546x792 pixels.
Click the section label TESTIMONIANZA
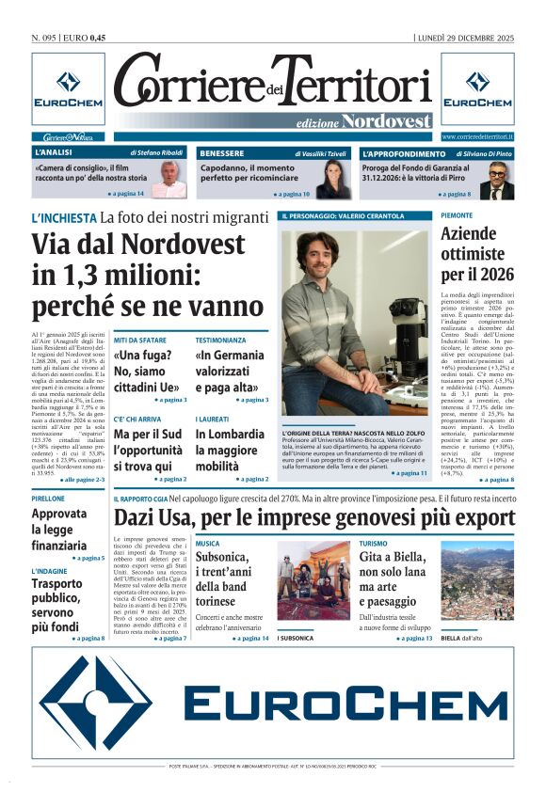point(220,340)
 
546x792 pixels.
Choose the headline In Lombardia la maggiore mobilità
point(230,450)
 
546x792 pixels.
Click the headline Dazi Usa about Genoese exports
point(314,518)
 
